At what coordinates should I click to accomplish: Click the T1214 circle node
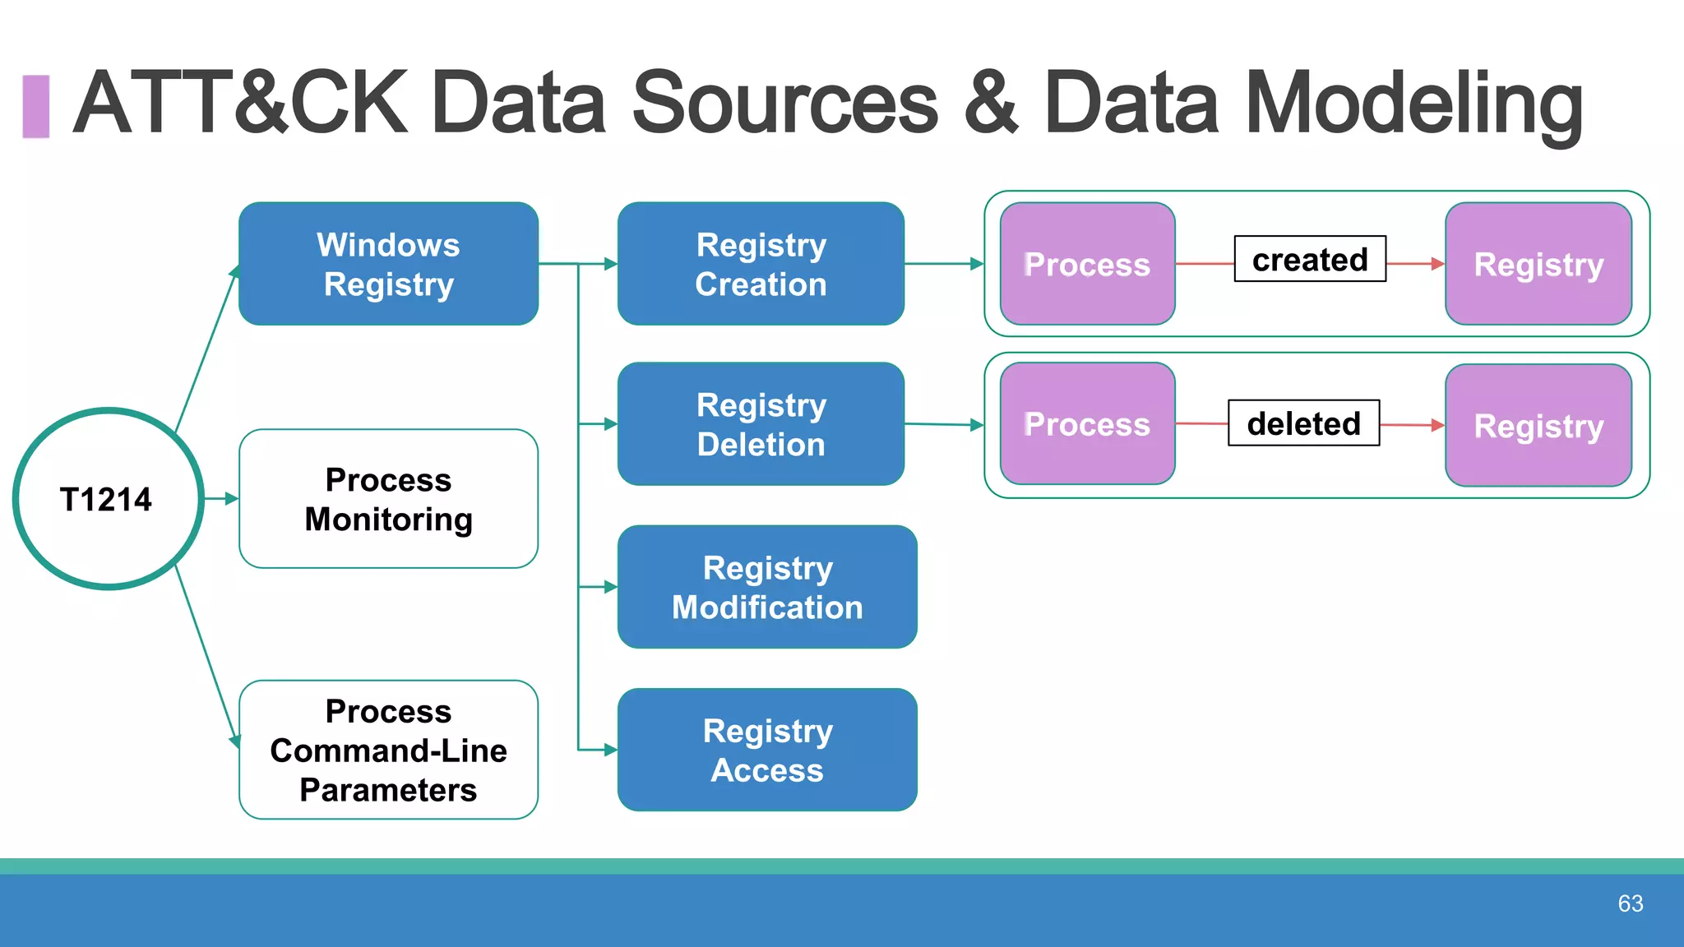[108, 499]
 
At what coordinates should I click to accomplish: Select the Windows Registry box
[388, 264]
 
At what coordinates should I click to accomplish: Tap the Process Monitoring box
[388, 499]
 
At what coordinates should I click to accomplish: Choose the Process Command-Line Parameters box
[388, 750]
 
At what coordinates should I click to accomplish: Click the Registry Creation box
[761, 264]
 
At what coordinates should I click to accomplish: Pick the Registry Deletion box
[761, 424]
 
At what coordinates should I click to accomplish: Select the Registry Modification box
[766, 587]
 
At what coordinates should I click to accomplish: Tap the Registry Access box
[766, 750]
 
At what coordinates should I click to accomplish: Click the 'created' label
[1309, 259]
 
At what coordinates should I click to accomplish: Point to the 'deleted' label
[1303, 423]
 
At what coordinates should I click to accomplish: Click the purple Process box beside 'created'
[1087, 264]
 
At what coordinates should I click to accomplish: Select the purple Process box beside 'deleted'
[1087, 424]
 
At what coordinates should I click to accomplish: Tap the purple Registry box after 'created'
[1538, 264]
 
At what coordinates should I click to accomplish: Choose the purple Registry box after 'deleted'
[1538, 426]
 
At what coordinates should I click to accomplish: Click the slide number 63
[1630, 903]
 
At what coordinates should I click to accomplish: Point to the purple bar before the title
[35, 106]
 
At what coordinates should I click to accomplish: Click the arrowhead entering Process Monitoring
[232, 499]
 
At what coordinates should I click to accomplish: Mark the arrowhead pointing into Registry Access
[610, 750]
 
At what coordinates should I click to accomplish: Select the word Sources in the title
[784, 103]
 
